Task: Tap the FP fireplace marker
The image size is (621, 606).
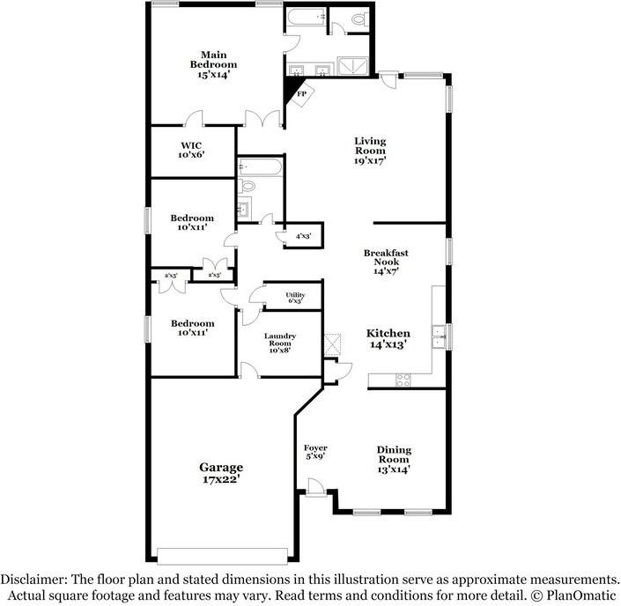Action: point(300,93)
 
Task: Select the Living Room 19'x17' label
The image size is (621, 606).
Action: point(370,151)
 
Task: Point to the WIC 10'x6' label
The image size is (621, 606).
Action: point(192,150)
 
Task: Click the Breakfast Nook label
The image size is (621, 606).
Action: point(386,262)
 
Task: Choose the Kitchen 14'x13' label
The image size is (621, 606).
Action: point(388,339)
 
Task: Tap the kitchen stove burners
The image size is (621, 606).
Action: point(403,380)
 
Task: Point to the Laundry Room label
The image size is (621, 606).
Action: point(280,343)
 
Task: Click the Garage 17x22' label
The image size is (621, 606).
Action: point(220,473)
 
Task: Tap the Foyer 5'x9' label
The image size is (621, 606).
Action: point(315,454)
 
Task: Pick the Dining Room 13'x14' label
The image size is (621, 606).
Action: point(394,460)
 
